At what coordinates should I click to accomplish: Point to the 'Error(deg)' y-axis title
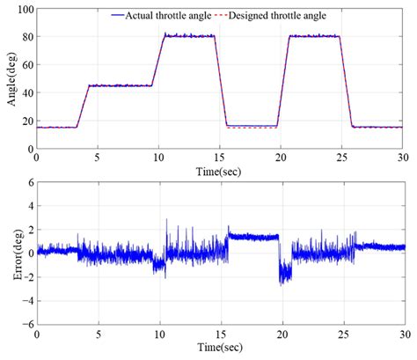(11, 253)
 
